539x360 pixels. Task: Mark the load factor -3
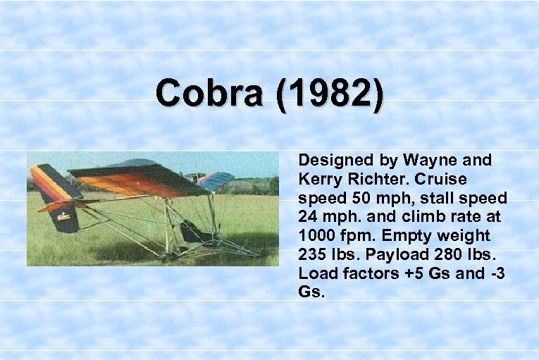[497, 273]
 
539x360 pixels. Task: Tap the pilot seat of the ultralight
[190, 231]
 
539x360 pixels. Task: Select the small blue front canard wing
[215, 180]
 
